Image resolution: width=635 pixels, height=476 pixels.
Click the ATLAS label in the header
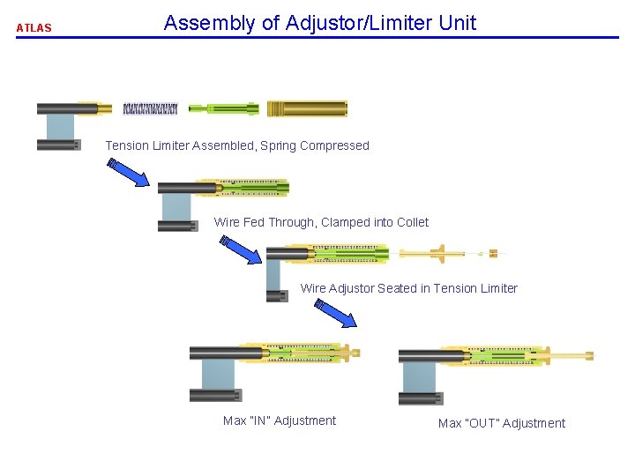pyautogui.click(x=34, y=27)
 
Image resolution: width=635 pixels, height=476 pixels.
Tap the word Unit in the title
pyautogui.click(x=457, y=23)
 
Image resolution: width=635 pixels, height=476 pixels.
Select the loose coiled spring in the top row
pyautogui.click(x=150, y=109)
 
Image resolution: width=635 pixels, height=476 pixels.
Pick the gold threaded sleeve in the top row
pyautogui.click(x=307, y=108)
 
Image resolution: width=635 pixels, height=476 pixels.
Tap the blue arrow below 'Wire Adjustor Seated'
pyautogui.click(x=336, y=314)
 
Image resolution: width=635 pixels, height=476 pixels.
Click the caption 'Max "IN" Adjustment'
pyautogui.click(x=280, y=420)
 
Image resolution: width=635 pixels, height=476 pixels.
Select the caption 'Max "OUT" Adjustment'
pyautogui.click(x=502, y=423)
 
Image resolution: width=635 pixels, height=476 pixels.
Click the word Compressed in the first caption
pyautogui.click(x=334, y=145)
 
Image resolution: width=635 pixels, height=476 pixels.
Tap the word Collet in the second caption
pyautogui.click(x=411, y=222)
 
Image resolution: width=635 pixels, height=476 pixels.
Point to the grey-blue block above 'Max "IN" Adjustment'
pyautogui.click(x=218, y=375)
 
